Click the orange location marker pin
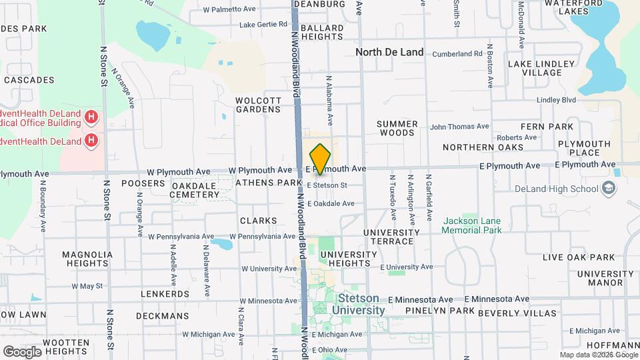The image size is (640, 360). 320,159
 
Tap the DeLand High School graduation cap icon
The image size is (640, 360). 607,189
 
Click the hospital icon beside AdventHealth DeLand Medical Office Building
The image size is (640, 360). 92,118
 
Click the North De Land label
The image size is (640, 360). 389,52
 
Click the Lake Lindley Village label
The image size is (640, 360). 541,68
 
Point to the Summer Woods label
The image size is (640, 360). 397,129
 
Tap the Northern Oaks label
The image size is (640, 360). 481,147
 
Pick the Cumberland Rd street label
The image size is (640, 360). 457,54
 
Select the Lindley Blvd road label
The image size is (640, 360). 556,100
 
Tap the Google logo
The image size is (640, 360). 23,351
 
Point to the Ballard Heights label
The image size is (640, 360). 322,32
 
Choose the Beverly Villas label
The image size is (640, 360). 517,313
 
